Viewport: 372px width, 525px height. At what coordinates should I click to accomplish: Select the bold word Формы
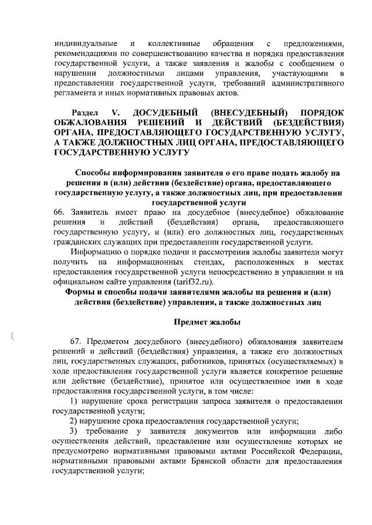80,292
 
